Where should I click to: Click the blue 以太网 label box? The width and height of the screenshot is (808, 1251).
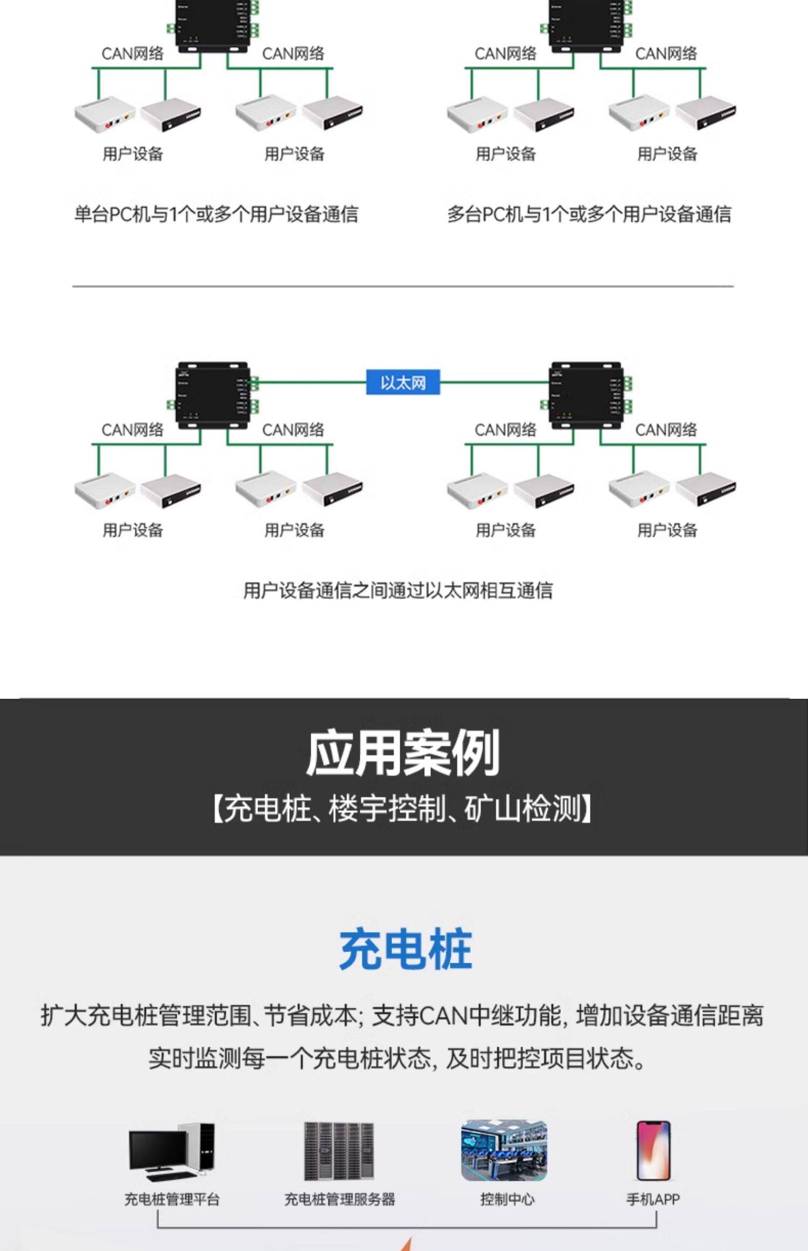[x=403, y=382]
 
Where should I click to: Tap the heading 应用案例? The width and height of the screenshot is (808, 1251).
[x=403, y=753]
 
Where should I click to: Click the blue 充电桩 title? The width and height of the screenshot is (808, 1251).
[x=405, y=950]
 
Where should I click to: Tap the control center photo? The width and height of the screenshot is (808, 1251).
[x=504, y=1151]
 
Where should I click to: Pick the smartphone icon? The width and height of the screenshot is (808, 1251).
[x=653, y=1151]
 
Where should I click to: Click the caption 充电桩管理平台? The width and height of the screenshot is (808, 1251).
[x=172, y=1199]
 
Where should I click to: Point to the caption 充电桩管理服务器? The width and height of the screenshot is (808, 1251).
[x=339, y=1199]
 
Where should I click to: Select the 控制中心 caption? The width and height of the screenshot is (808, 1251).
[x=507, y=1199]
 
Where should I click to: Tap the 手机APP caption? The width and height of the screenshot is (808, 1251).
[x=653, y=1199]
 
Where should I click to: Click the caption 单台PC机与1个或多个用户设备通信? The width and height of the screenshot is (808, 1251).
[x=216, y=214]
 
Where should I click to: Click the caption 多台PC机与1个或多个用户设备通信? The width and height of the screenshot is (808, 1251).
[x=589, y=214]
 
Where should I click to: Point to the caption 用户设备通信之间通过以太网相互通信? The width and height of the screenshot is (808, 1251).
[x=398, y=590]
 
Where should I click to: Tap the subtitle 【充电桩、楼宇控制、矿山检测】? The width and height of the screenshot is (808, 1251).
[x=403, y=809]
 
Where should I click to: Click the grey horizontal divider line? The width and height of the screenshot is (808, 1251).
[x=403, y=286]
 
